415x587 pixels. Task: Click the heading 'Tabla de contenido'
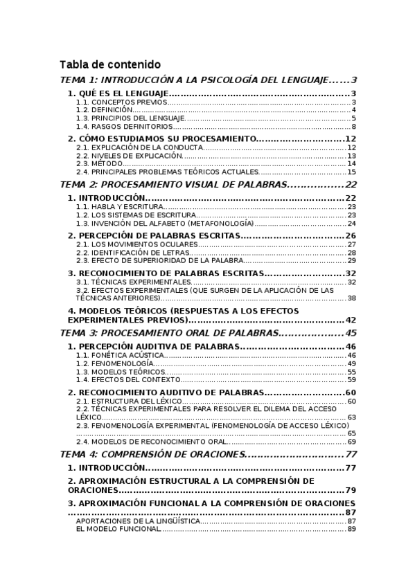pyautogui.click(x=110, y=64)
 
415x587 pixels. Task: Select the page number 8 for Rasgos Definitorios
pyautogui.click(x=353, y=127)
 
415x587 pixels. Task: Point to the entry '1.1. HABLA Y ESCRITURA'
pyautogui.click(x=120, y=207)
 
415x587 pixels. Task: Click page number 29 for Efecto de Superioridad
pyautogui.click(x=351, y=261)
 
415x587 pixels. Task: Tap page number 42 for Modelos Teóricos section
pyautogui.click(x=351, y=320)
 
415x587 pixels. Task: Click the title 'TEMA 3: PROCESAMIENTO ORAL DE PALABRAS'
pyautogui.click(x=170, y=333)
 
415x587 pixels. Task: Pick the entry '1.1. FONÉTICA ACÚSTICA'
pyautogui.click(x=120, y=355)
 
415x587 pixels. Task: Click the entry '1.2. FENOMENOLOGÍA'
pyautogui.click(x=114, y=363)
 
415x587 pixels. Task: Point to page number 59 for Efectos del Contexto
pyautogui.click(x=351, y=380)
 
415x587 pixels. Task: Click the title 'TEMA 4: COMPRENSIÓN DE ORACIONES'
pyautogui.click(x=153, y=455)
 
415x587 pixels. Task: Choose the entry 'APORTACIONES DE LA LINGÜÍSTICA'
pyautogui.click(x=138, y=521)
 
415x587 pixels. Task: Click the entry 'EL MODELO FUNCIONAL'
pyautogui.click(x=118, y=530)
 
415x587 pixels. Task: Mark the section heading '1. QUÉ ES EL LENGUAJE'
pyautogui.click(x=118, y=94)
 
